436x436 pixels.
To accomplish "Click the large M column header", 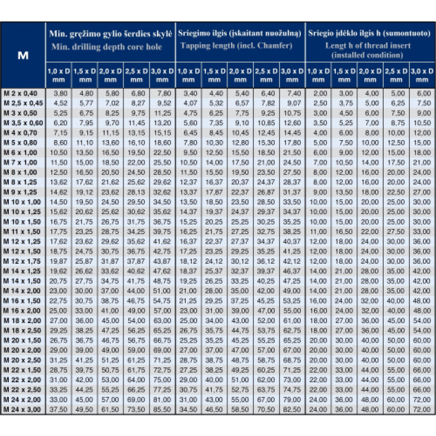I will click(x=23, y=55).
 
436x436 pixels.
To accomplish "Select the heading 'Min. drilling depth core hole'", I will click(x=107, y=47).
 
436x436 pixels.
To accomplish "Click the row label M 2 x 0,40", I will click(x=22, y=94).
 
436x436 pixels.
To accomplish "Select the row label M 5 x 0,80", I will click(x=22, y=143).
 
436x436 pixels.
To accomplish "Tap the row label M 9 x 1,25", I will click(x=22, y=192).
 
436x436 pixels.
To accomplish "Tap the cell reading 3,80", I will click(x=59, y=94).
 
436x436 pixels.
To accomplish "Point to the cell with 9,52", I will click(x=163, y=104).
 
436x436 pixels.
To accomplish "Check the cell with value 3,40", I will click(x=189, y=94).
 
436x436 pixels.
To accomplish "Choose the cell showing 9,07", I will click(x=293, y=104).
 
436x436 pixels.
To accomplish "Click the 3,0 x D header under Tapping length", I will click(x=292, y=75).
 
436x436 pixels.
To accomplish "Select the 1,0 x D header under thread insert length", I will click(x=319, y=75).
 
